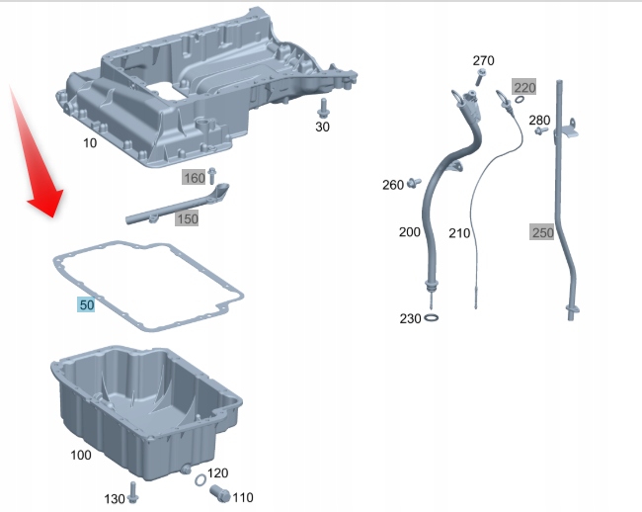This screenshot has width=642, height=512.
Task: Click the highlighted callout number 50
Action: click(x=87, y=305)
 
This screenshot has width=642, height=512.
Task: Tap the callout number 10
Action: click(x=90, y=143)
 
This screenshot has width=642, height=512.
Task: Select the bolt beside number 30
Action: click(x=323, y=106)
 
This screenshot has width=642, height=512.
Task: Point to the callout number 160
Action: click(x=194, y=178)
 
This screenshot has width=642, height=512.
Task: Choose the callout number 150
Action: click(x=187, y=218)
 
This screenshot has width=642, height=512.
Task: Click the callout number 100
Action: click(x=80, y=456)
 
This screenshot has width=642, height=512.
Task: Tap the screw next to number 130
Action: click(x=135, y=489)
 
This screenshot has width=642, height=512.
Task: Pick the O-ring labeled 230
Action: click(x=433, y=317)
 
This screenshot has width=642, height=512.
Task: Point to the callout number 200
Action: click(x=409, y=232)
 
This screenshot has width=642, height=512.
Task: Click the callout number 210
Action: click(x=459, y=233)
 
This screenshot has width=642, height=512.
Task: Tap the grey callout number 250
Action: click(x=542, y=233)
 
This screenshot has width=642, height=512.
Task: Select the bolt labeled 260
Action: click(x=415, y=182)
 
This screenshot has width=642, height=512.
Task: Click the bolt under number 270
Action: click(x=472, y=82)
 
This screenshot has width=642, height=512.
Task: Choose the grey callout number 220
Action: click(x=524, y=88)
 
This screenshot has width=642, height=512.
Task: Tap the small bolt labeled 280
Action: click(x=540, y=131)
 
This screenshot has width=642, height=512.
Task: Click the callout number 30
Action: click(x=323, y=127)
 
